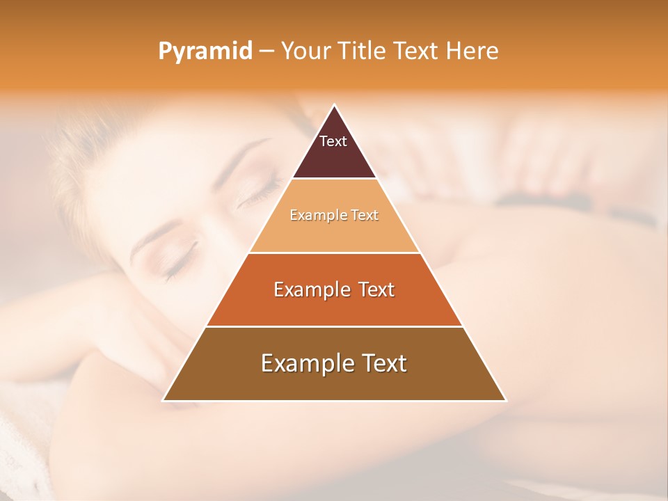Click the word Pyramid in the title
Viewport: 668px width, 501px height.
click(205, 51)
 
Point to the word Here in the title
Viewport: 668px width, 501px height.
click(472, 51)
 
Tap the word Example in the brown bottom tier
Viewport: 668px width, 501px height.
click(300, 363)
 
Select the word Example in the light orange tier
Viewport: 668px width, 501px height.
click(311, 215)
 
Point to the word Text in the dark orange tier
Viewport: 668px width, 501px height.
click(376, 289)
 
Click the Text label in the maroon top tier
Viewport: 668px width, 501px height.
click(333, 141)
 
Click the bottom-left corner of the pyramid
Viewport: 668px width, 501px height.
click(164, 400)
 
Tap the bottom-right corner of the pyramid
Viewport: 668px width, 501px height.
click(505, 400)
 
